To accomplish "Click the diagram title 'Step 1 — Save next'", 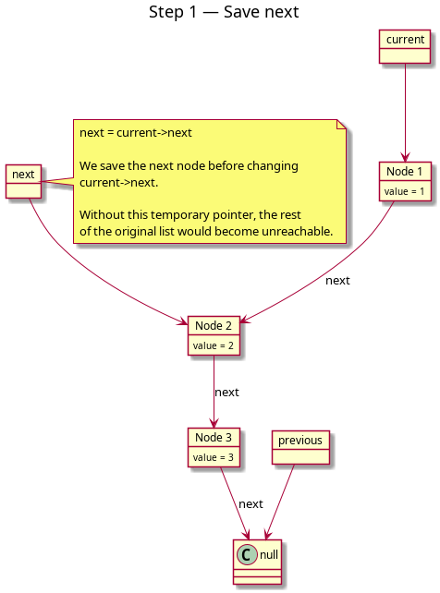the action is pyautogui.click(x=224, y=12).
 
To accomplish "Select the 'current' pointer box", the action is pyautogui.click(x=405, y=46).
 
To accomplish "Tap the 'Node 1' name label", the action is pyautogui.click(x=404, y=171).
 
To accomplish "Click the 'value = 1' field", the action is pyautogui.click(x=404, y=191).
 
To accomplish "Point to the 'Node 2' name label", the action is pyautogui.click(x=214, y=326).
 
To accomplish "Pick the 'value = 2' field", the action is pyautogui.click(x=213, y=345).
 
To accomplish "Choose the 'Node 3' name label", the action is pyautogui.click(x=214, y=438).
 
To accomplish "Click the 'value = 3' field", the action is pyautogui.click(x=213, y=457).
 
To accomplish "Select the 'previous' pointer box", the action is pyautogui.click(x=300, y=447).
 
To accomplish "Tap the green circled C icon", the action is pyautogui.click(x=247, y=555).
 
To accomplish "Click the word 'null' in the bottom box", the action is pyautogui.click(x=269, y=555).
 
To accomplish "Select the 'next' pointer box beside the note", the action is pyautogui.click(x=23, y=182).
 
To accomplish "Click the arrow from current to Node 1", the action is pyautogui.click(x=405, y=113).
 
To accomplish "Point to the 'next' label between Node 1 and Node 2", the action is pyautogui.click(x=337, y=281).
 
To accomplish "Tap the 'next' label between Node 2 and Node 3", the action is pyautogui.click(x=226, y=393).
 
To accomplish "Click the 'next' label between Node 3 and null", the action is pyautogui.click(x=251, y=504).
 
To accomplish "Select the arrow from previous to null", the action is pyautogui.click(x=279, y=502).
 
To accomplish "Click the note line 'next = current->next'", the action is pyautogui.click(x=136, y=133).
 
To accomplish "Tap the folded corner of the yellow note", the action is pyautogui.click(x=341, y=125).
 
